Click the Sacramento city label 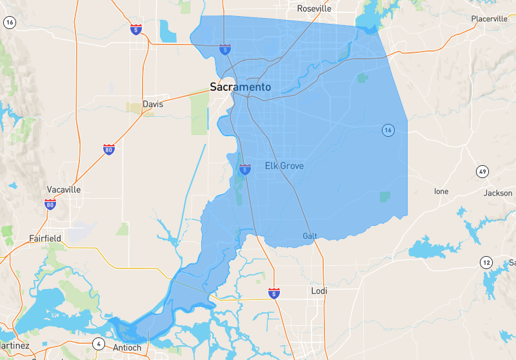[x=241, y=87]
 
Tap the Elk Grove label [x=284, y=166]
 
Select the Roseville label [x=313, y=9]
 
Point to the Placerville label [x=489, y=19]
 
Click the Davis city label [x=153, y=104]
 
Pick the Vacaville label [x=64, y=190]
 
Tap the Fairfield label [x=45, y=238]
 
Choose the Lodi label [x=319, y=291]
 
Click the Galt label [x=310, y=236]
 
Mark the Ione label [x=441, y=192]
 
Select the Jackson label [x=497, y=193]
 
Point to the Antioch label [x=126, y=348]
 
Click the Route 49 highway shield [x=482, y=172]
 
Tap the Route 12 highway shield [x=486, y=262]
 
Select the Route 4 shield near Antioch [x=99, y=343]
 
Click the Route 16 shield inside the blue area [x=387, y=130]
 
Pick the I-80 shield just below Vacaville [x=50, y=205]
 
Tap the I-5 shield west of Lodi [x=274, y=294]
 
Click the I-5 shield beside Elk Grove [x=245, y=170]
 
